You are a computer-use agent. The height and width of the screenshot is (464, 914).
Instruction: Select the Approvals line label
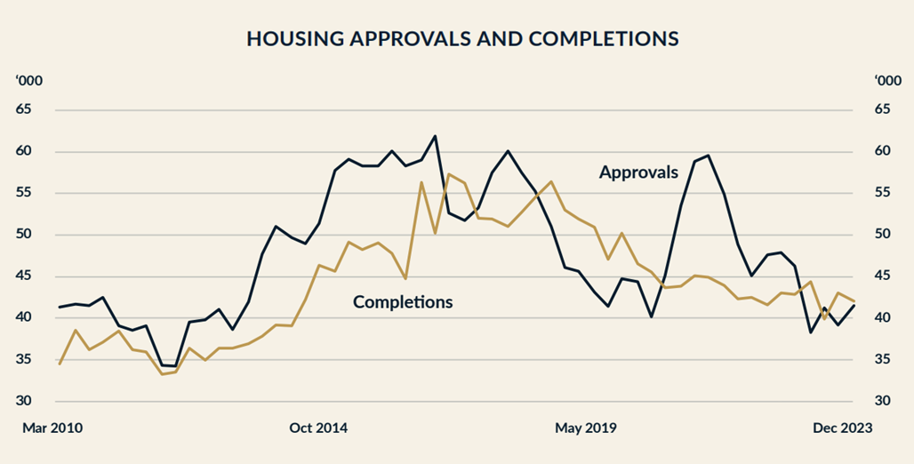[x=638, y=172]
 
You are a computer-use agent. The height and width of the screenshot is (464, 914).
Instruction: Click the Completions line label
[x=403, y=302]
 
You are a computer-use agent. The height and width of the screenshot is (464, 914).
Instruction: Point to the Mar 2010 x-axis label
[x=52, y=428]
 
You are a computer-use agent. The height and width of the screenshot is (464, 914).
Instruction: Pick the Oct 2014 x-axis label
[x=318, y=428]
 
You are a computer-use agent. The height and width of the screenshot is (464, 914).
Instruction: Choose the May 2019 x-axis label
[x=586, y=428]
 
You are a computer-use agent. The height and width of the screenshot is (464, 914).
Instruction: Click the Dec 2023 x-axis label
[x=843, y=428]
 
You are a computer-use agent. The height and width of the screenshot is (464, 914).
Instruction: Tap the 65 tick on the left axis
[x=23, y=109]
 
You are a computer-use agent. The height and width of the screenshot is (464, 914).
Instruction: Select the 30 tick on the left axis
[x=23, y=401]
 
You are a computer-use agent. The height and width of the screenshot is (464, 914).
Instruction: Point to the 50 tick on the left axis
[x=23, y=235]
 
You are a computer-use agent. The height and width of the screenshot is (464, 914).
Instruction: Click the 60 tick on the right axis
[x=881, y=151]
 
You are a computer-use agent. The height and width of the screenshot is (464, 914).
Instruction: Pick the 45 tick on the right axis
[x=881, y=276]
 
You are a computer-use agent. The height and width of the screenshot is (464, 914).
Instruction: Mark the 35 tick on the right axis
[x=881, y=359]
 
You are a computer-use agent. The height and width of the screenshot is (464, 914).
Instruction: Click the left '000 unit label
[x=28, y=81]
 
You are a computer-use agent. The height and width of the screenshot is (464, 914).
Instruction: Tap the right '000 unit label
[x=886, y=81]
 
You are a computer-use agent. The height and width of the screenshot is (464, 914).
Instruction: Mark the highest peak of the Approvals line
[x=435, y=136]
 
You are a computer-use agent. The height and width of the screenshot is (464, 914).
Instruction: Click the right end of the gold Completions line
[x=854, y=300]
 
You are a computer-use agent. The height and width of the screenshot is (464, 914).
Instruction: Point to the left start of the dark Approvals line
[x=60, y=308]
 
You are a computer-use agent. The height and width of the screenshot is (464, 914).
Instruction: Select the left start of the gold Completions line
[x=60, y=364]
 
